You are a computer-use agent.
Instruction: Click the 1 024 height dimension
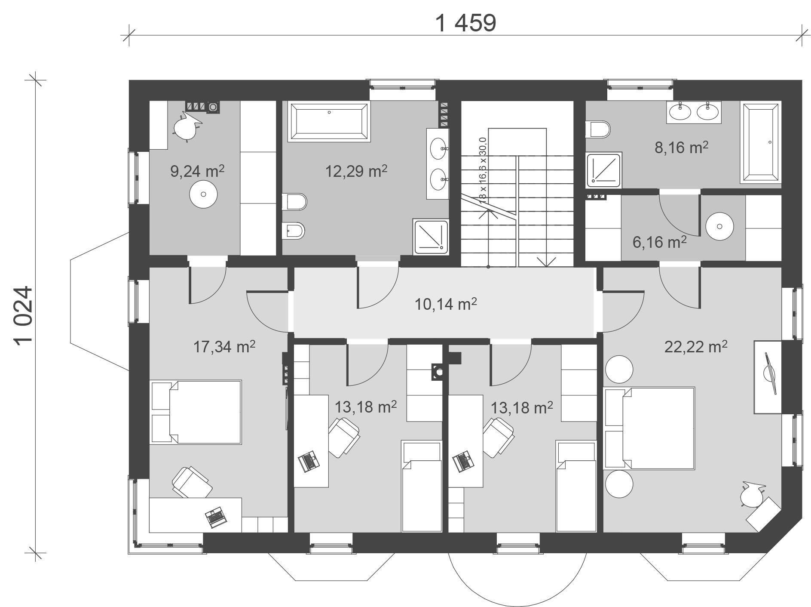coord(24,315)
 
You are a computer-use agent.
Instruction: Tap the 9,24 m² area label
coord(198,171)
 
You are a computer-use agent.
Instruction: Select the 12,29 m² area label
coord(357,171)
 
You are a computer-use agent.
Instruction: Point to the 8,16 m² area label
coord(682,148)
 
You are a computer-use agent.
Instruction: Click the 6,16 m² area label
coord(660,242)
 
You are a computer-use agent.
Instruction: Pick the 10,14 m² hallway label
coord(446,304)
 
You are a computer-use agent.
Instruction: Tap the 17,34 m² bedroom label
coord(224,346)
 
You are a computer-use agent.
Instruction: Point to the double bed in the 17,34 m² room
coord(196,412)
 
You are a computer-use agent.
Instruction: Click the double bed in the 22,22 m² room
coord(649,428)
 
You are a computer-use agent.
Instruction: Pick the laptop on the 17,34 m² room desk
coord(215,516)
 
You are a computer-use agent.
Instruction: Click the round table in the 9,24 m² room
coord(203,194)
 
